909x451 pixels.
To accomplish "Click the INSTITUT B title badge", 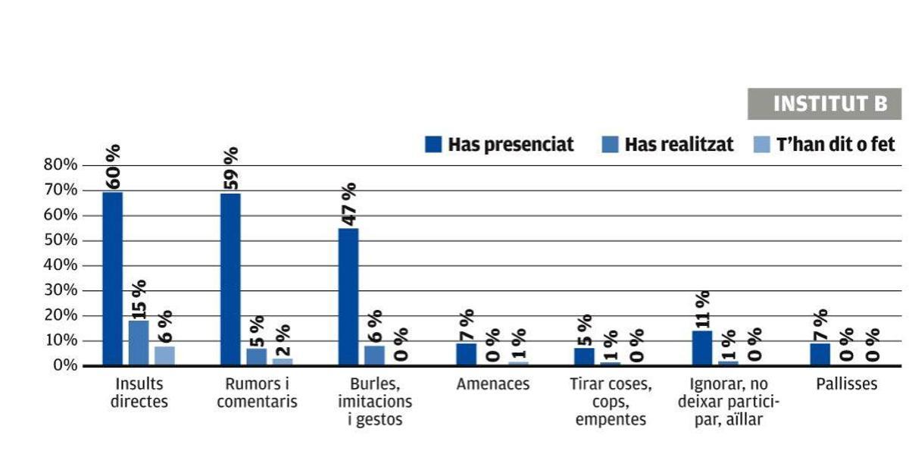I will pos(824,104).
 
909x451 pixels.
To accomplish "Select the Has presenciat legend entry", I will pos(499,144).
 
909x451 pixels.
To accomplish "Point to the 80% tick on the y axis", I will pos(61,164).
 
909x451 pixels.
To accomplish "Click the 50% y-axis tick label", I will pos(61,240).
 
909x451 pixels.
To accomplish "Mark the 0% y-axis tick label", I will pos(64,365).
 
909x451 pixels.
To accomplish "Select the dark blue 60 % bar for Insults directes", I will pos(112,278).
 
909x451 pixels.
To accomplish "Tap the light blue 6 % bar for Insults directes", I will pos(164,355).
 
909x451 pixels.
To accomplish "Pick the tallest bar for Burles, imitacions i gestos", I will pos(348,296).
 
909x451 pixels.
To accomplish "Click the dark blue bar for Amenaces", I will pos(467,354).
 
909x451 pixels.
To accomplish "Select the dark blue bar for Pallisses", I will pos(820,354).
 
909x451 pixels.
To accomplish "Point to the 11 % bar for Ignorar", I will pos(702,348).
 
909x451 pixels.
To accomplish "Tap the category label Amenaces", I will pos(492,384).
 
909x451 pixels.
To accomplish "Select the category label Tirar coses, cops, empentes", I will pos(611,402).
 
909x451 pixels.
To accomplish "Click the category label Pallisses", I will pos(846,384).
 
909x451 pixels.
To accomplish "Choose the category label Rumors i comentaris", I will pos(257,393).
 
